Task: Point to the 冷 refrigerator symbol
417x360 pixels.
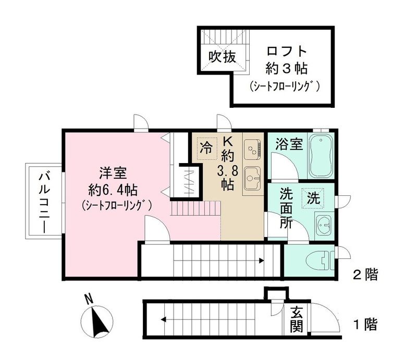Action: pos(206,147)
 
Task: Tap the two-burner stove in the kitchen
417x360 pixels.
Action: pos(253,149)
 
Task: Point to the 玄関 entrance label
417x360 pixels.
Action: pos(297,319)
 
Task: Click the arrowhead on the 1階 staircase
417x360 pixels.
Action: pos(164,320)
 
